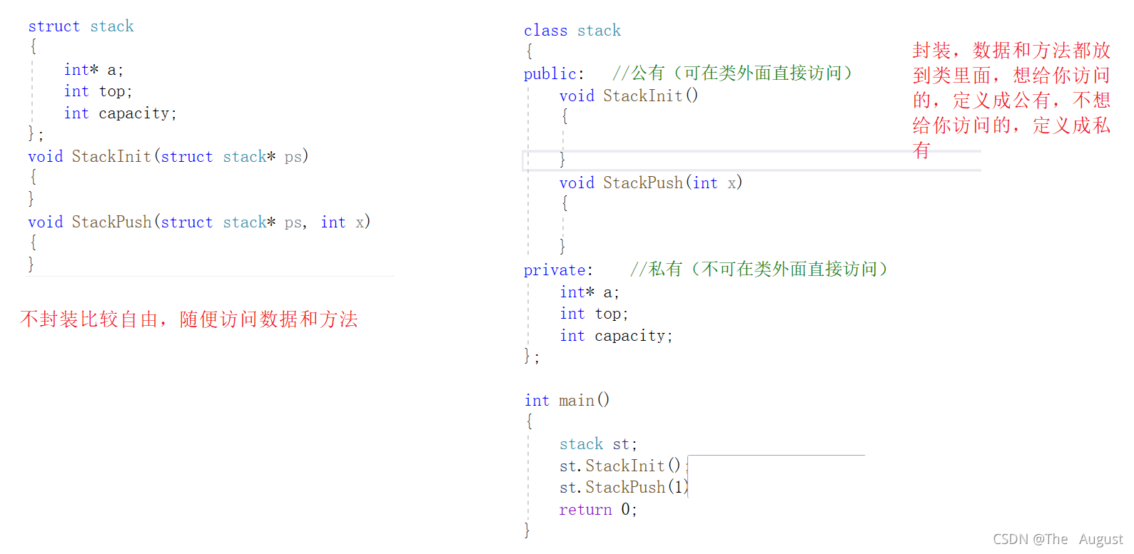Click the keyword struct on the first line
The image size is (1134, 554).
[x=54, y=26]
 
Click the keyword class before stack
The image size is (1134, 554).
[x=545, y=31]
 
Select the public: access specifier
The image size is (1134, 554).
[x=554, y=74]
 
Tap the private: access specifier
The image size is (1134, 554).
[x=558, y=270]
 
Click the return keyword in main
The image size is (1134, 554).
[x=585, y=510]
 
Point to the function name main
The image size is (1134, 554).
[x=576, y=401]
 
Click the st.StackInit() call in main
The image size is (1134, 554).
[x=620, y=466]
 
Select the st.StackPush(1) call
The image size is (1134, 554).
[x=624, y=487]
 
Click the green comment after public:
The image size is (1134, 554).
[x=732, y=73]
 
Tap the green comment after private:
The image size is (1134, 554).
[x=759, y=270]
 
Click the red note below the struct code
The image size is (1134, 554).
[x=189, y=319]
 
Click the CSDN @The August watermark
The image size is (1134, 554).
[x=1058, y=539]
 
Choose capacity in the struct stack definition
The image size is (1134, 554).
[x=133, y=113]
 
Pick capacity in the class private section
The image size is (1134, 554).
[x=629, y=336]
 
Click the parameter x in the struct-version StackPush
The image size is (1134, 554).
[x=360, y=222]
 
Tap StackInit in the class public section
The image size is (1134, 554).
[x=642, y=96]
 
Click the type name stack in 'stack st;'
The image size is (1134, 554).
[x=581, y=444]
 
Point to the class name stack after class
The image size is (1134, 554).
[x=599, y=31]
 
